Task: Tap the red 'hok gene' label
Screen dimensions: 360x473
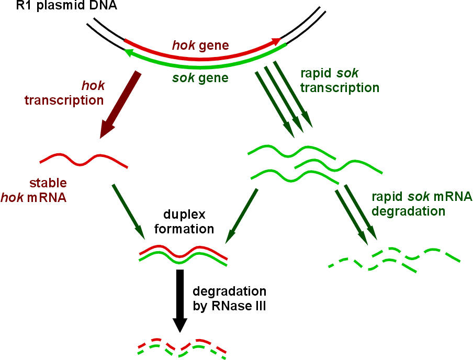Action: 200,45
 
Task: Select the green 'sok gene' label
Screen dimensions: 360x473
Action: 200,78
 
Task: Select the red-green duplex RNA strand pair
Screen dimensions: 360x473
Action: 183,255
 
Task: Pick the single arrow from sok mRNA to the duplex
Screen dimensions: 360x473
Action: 241,215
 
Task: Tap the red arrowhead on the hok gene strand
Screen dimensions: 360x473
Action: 274,40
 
